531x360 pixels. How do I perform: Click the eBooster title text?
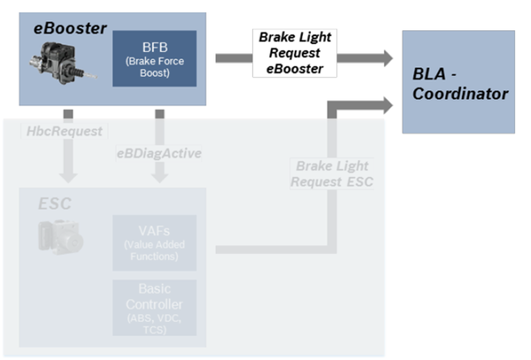point(71,27)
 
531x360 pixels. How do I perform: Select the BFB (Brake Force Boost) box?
point(155,59)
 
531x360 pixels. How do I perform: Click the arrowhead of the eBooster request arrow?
point(381,57)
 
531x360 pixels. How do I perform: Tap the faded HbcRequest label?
point(61,131)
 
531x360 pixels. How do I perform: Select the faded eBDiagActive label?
point(158,153)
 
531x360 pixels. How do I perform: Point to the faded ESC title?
point(54,204)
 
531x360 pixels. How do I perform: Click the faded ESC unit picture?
point(58,236)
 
